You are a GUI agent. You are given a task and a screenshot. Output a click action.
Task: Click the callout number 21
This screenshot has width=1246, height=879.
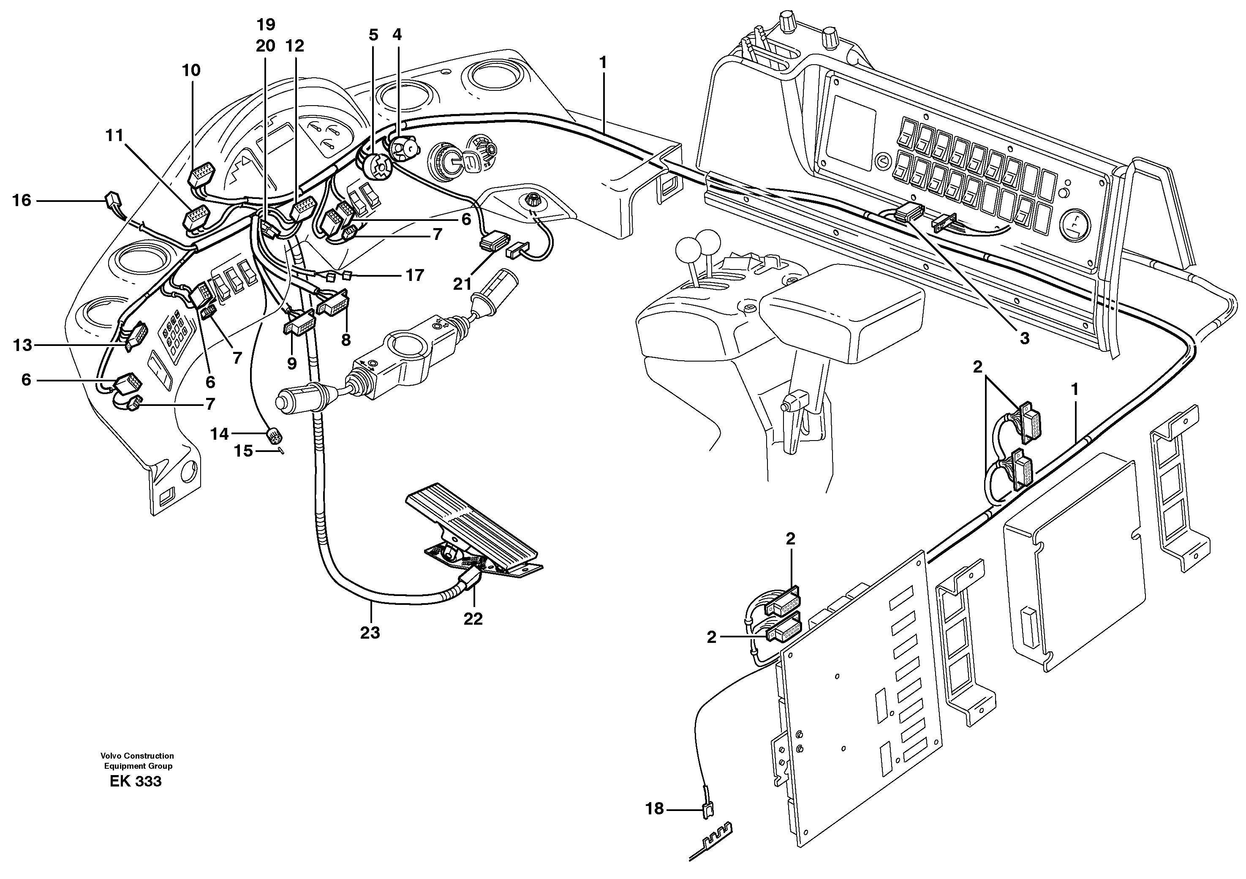coord(462,284)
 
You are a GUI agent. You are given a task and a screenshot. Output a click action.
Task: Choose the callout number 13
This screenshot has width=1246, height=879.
coord(23,345)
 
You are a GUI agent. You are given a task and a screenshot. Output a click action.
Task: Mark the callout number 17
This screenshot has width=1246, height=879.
coord(415,276)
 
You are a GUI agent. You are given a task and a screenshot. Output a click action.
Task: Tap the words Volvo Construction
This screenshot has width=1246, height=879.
coord(137,756)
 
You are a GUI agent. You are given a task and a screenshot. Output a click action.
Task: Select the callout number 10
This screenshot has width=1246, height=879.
coord(191,71)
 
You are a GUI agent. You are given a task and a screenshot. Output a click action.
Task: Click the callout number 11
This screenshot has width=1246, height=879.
coord(114,135)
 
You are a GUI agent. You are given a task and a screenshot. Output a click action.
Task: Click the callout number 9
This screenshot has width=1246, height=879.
coord(292,364)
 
